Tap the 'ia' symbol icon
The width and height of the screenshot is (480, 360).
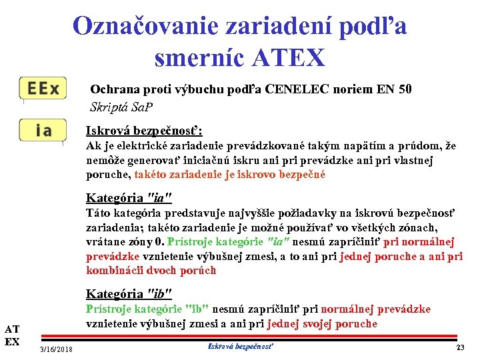tap(43, 129)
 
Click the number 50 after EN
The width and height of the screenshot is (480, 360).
tap(404, 89)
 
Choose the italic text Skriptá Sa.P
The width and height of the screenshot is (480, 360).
tap(121, 107)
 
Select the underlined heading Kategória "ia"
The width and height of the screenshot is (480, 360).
tap(129, 197)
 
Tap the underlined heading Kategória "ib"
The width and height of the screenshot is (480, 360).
tap(129, 293)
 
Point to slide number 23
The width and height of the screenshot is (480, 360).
tap(460, 348)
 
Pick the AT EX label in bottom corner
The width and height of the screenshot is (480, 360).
tap(12, 335)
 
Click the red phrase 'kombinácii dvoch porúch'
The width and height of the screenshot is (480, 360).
tap(151, 271)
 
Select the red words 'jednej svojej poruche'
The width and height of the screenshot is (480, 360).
tap(322, 324)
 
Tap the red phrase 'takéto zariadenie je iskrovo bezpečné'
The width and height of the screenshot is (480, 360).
tap(230, 175)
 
